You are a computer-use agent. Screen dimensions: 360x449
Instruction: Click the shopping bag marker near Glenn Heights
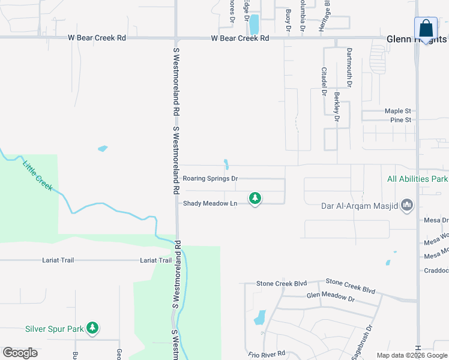(x=426, y=28)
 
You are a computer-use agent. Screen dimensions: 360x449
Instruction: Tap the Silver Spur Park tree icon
(x=92, y=328)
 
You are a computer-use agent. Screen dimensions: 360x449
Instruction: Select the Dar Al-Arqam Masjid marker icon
(x=408, y=206)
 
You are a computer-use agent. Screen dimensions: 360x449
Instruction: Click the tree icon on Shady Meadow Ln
(x=255, y=197)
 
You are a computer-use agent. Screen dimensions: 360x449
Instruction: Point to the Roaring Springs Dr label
(x=210, y=179)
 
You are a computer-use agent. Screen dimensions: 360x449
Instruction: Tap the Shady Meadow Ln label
(x=210, y=203)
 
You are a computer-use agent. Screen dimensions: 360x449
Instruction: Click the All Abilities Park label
(x=417, y=179)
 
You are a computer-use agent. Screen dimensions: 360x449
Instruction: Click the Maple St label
(x=397, y=111)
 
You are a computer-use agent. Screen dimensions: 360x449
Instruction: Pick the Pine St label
(x=400, y=120)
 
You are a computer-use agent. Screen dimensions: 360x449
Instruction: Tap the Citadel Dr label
(x=324, y=82)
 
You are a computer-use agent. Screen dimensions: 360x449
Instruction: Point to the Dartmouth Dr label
(x=349, y=68)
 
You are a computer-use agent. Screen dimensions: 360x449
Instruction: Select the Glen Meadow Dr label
(x=330, y=296)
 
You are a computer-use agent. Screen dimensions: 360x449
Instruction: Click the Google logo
(x=20, y=353)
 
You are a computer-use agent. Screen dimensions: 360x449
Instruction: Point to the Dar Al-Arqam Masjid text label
(x=359, y=206)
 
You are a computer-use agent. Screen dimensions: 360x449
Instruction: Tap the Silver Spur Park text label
(x=53, y=328)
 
